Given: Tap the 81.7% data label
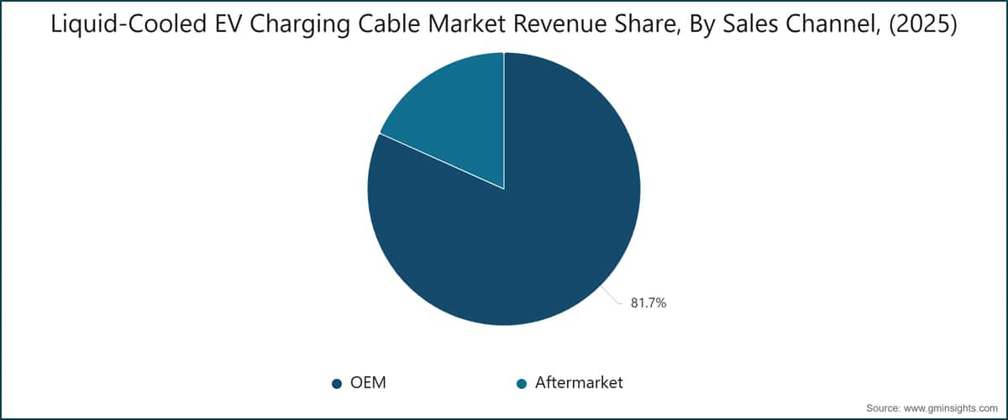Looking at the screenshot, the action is pyautogui.click(x=648, y=303).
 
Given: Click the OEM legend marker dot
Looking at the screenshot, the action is pyautogui.click(x=337, y=384).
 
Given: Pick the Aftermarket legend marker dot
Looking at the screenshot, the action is pyautogui.click(x=522, y=384).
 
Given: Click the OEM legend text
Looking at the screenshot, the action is pyautogui.click(x=368, y=383).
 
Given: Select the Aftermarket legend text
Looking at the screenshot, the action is pyautogui.click(x=579, y=383).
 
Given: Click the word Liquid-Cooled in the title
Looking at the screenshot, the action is pyautogui.click(x=129, y=24).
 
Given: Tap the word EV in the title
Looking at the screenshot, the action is pyautogui.click(x=228, y=24).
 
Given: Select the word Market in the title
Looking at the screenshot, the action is pyautogui.click(x=466, y=24).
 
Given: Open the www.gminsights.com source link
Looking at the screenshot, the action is pyautogui.click(x=950, y=408).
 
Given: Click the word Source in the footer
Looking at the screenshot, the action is pyautogui.click(x=883, y=408).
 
